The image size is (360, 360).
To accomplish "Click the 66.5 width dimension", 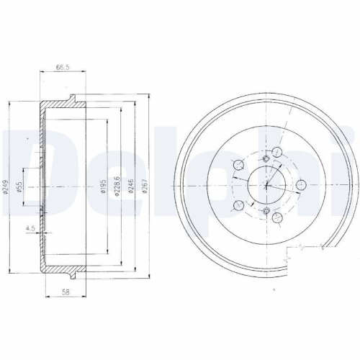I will click(x=63, y=69).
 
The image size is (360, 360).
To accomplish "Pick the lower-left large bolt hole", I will click(x=239, y=207).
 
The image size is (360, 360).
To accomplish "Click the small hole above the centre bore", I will click(x=266, y=158).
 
